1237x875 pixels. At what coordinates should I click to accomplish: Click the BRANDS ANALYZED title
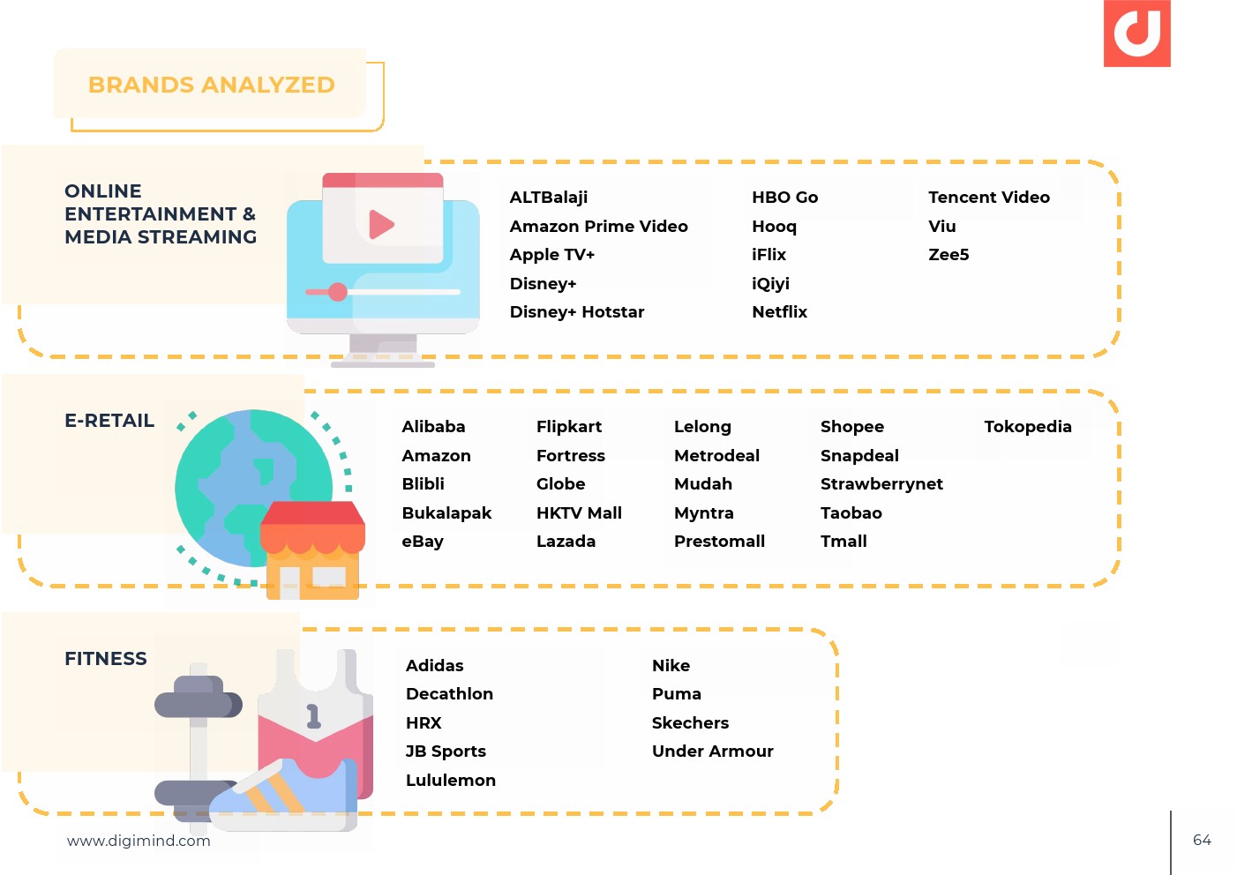click(212, 85)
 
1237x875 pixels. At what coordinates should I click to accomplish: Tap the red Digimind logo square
click(1136, 34)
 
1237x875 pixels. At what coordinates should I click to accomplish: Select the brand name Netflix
click(779, 312)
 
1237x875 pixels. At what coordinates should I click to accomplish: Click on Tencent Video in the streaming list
click(988, 197)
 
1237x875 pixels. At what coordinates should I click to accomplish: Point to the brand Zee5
click(948, 255)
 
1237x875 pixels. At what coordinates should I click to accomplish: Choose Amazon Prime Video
click(598, 227)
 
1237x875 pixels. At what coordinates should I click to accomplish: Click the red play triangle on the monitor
click(381, 224)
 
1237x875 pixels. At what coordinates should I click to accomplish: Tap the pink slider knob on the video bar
click(337, 291)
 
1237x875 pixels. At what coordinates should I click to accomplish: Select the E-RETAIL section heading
click(109, 421)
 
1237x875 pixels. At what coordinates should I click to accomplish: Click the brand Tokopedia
click(1028, 427)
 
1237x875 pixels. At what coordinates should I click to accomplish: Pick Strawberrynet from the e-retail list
click(881, 484)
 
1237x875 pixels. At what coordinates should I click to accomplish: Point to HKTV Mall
click(579, 512)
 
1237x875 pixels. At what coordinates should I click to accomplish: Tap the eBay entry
click(423, 542)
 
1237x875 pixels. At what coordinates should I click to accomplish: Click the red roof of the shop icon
click(312, 512)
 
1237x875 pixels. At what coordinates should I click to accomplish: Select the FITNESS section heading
click(106, 659)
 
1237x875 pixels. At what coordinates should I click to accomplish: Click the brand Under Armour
click(712, 752)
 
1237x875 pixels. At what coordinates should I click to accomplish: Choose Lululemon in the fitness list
click(451, 780)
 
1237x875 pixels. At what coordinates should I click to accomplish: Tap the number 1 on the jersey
click(313, 716)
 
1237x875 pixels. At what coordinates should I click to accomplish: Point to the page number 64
click(1202, 841)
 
